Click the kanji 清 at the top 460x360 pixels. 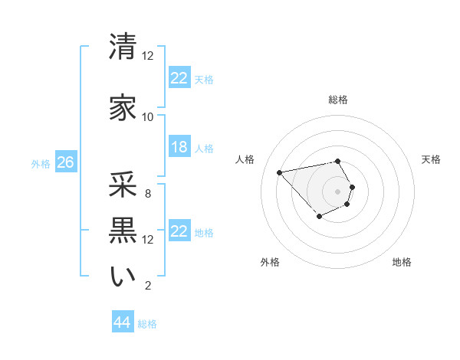[123, 47]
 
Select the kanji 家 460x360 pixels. [123, 108]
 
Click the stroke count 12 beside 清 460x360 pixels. [148, 56]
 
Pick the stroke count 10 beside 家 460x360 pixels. [148, 117]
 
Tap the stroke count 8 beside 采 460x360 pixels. [148, 193]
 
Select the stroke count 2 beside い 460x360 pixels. [148, 286]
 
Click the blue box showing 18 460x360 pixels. [179, 147]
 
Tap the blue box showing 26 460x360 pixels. [65, 162]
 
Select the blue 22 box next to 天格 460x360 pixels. [179, 78]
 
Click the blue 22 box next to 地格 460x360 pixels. [179, 231]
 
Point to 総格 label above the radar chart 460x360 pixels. [338, 100]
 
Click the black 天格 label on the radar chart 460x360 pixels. [432, 159]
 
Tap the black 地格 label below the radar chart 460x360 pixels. [402, 262]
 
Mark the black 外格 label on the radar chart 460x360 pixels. [270, 262]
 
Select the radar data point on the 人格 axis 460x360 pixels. [280, 172]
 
